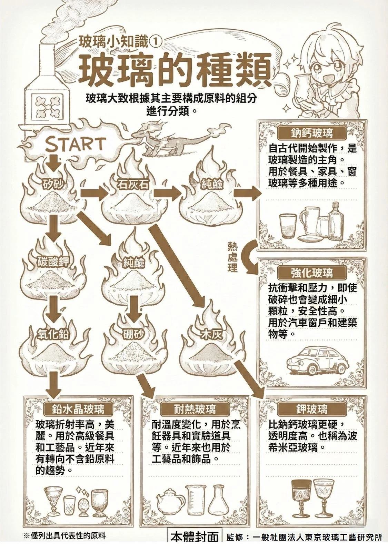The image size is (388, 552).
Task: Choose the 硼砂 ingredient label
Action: [133, 334]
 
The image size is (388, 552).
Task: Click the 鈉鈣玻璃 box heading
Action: [312, 133]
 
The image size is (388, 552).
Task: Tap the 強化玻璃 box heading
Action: [312, 273]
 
